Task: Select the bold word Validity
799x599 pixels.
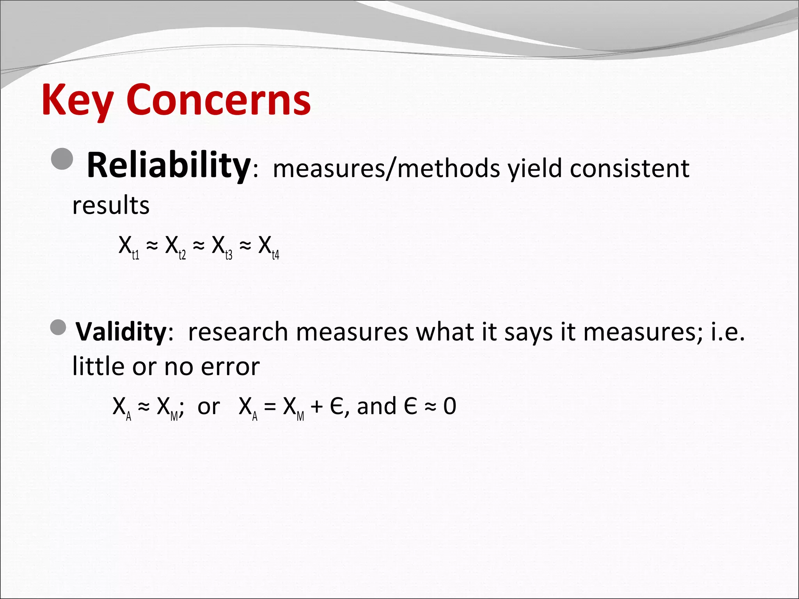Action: coord(121,332)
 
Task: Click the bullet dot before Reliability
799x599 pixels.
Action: coord(62,159)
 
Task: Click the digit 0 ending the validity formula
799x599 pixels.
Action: coord(449,406)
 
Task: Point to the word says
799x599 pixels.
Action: coord(528,333)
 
